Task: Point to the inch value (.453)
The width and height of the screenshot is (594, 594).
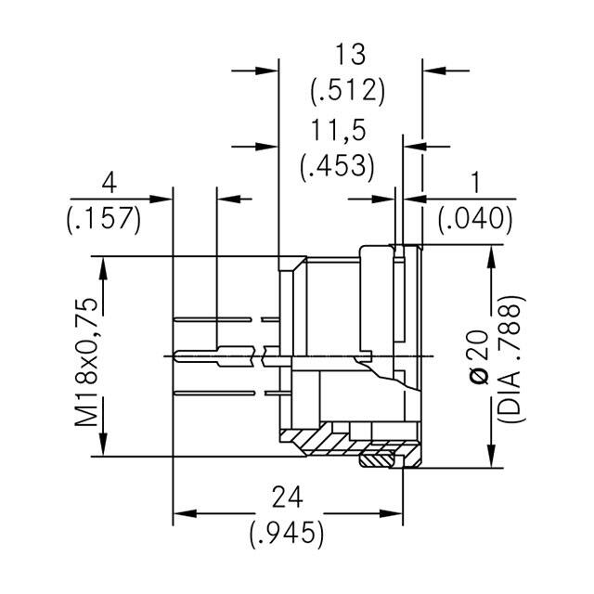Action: [x=338, y=167]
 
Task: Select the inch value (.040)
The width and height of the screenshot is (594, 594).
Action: [x=474, y=219]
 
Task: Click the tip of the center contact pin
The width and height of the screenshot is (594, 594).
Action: [x=176, y=355]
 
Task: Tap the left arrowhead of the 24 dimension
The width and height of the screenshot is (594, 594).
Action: [x=179, y=513]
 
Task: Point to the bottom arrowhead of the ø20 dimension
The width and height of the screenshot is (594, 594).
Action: [x=487, y=460]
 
